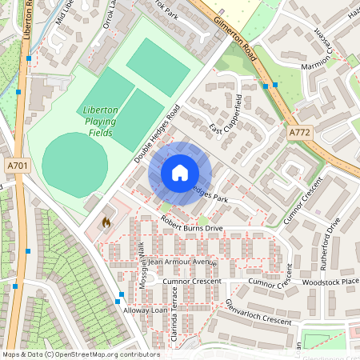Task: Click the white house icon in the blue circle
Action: pyautogui.click(x=180, y=173)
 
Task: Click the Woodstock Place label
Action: pyautogui.click(x=330, y=282)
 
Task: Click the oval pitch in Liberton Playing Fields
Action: pyautogui.click(x=74, y=160)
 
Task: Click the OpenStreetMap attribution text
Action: pyautogui.click(x=81, y=354)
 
